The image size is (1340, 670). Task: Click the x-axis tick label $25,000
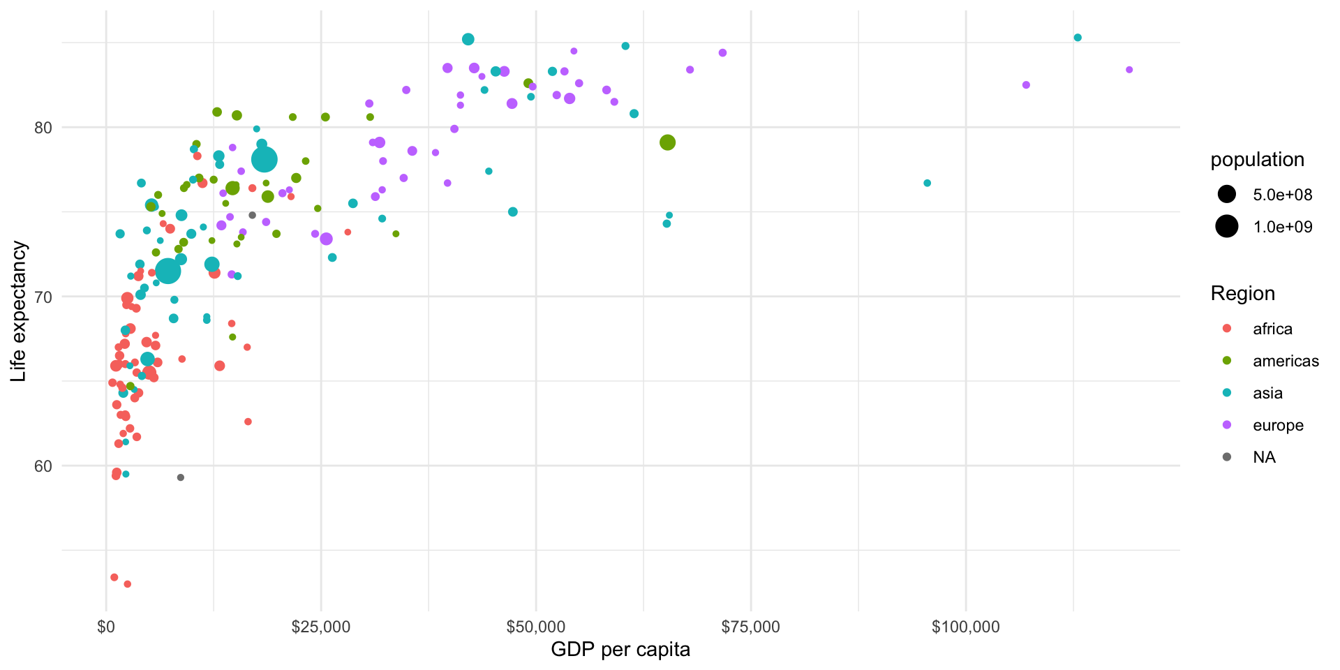coord(320,627)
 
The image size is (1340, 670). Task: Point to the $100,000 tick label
coord(965,627)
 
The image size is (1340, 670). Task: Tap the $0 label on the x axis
coord(106,627)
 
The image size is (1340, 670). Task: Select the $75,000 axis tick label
coord(750,627)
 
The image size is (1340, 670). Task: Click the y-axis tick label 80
coord(43,128)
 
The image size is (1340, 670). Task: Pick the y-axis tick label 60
coord(43,466)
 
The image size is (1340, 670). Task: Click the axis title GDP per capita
coord(620,650)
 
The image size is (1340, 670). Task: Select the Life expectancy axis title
coord(19,311)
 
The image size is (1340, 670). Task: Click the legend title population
coord(1257,160)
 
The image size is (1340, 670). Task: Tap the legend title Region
coord(1242,294)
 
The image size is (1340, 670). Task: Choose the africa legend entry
coord(1272,329)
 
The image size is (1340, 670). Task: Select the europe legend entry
coord(1278,425)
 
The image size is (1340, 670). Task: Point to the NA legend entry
coord(1264,457)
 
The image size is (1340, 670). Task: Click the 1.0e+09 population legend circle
coord(1226,227)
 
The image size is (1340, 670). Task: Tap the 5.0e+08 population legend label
coord(1283,195)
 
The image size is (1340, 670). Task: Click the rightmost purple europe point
coord(1129,70)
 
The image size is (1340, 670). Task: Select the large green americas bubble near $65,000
coord(667,142)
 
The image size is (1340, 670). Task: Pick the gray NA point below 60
coord(180,477)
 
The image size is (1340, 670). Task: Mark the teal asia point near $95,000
coord(927,183)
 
